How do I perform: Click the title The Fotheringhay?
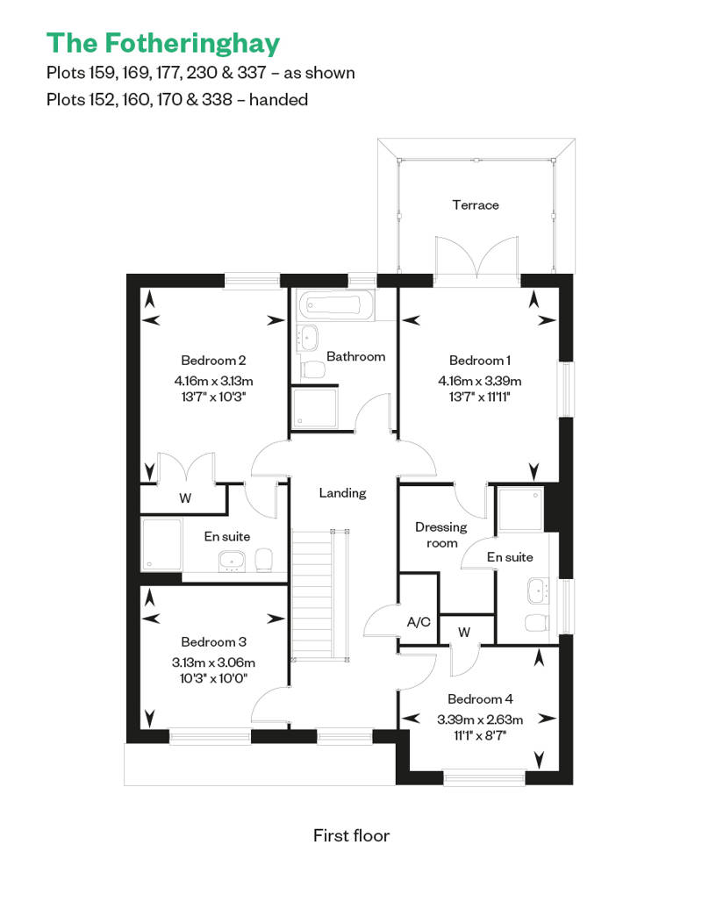coord(163,44)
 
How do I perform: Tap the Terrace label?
coord(476,205)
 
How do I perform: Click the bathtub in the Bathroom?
coord(335,304)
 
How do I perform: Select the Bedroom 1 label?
coord(479,361)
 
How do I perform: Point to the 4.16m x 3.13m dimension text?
coord(213,381)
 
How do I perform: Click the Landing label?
coord(342,493)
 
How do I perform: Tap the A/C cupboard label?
coord(419,622)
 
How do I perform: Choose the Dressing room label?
coord(441,534)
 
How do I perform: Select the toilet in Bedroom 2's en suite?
coord(264,560)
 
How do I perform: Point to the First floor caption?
coord(351,835)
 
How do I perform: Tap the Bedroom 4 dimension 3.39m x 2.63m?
coord(480,720)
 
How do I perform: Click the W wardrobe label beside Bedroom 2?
coord(185,498)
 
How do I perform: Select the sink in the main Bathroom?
coord(308,338)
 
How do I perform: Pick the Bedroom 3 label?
coord(213,642)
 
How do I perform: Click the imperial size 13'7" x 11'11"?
coord(479,397)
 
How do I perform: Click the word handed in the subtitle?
coord(278,100)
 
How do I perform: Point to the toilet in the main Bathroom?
coord(313,369)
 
